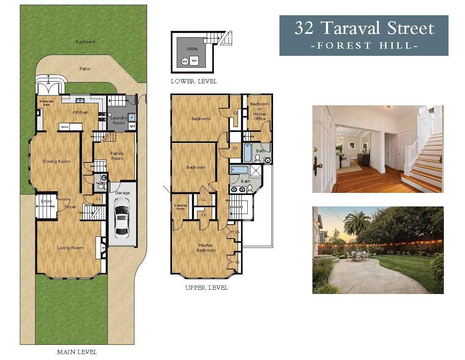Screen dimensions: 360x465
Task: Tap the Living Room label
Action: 70,248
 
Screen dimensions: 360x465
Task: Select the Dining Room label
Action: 57,161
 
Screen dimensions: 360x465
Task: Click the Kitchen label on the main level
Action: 80,113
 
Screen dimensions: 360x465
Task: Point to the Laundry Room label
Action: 119,120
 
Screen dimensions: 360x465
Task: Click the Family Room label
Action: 117,156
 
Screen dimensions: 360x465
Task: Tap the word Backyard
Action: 85,42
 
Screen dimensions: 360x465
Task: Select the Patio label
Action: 85,69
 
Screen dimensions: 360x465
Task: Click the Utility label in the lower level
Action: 192,49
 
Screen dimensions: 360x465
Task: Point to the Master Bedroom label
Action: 206,247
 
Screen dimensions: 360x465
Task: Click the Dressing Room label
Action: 181,207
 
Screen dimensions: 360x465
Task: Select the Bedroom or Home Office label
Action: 260,111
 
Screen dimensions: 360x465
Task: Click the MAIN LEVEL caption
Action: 77,352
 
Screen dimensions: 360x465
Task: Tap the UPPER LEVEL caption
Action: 206,288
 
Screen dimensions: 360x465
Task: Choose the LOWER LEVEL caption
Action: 194,81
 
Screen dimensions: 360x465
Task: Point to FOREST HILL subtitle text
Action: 364,45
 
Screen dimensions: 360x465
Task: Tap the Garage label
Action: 123,193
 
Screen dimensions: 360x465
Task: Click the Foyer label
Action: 70,207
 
